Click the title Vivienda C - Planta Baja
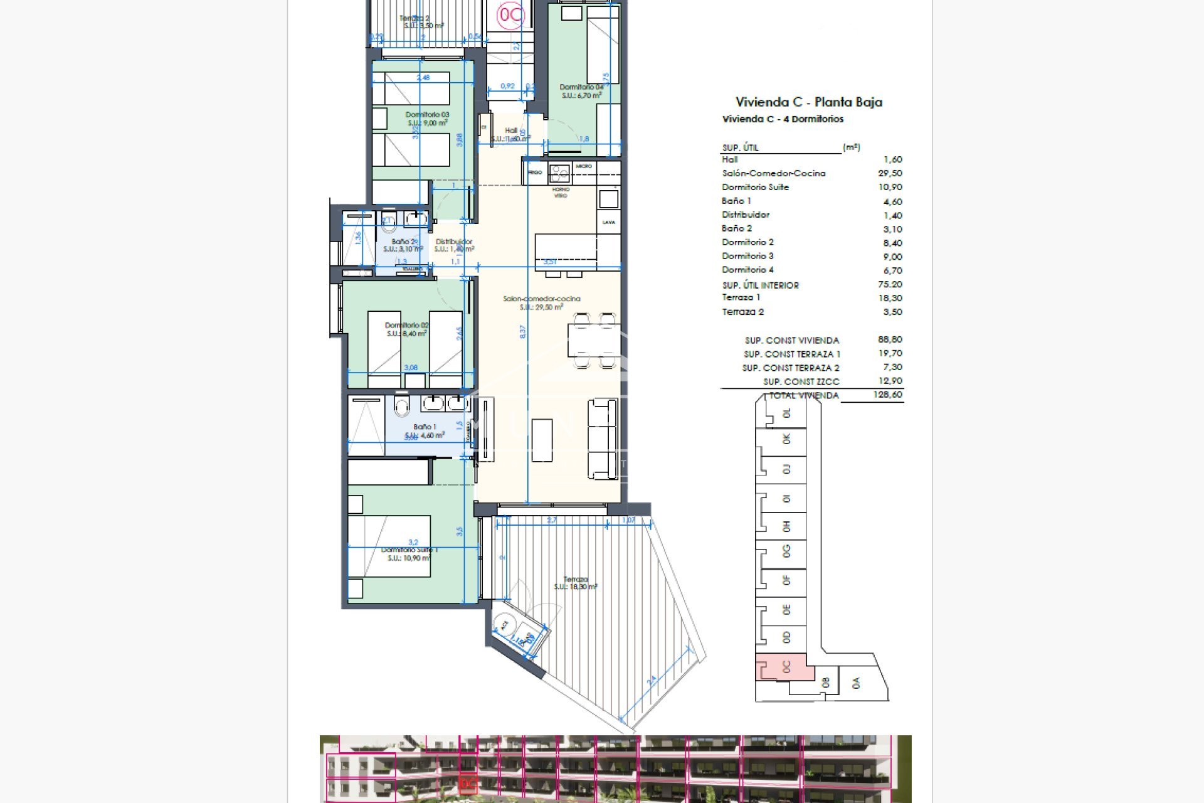point(808,102)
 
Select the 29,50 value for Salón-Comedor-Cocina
point(889,174)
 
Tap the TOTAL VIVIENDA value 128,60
point(887,395)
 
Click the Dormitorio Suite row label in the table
point(755,188)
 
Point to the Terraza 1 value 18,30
point(890,299)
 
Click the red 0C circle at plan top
point(510,16)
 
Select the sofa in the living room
point(603,439)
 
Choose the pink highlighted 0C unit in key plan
point(784,667)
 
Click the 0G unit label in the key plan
point(786,551)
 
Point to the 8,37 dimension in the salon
point(522,332)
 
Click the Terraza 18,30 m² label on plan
point(575,583)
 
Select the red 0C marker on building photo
point(468,784)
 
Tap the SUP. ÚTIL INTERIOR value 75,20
point(889,285)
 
